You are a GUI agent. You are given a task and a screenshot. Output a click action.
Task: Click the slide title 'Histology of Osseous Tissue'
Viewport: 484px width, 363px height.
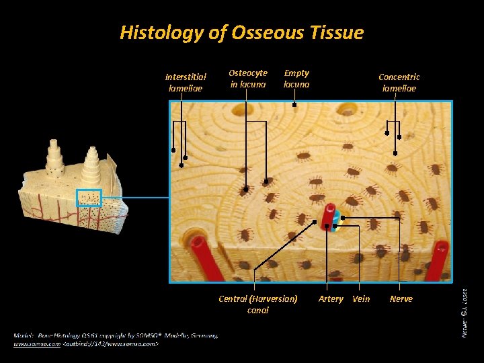click(x=241, y=32)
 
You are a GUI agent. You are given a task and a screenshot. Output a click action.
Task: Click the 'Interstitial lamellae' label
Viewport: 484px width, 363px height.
click(x=187, y=82)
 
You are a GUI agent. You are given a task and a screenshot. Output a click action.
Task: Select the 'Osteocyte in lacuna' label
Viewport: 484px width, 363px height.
click(x=248, y=78)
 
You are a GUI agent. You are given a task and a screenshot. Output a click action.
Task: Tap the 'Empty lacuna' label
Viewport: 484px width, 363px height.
click(x=296, y=78)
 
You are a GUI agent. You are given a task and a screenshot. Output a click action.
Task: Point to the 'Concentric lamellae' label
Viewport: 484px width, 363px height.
click(x=399, y=82)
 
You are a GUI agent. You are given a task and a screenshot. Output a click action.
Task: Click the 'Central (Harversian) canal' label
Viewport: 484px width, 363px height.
click(x=258, y=304)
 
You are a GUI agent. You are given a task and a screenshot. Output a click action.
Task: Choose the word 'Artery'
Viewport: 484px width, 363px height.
click(x=331, y=298)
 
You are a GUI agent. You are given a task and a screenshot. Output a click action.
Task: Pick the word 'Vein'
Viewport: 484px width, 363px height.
click(x=361, y=298)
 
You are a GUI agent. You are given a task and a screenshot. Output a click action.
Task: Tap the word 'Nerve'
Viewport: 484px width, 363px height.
click(x=401, y=298)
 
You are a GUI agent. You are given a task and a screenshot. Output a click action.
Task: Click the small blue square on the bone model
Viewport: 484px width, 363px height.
click(x=89, y=198)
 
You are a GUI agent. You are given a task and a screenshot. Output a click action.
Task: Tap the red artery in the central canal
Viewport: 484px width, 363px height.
click(x=328, y=216)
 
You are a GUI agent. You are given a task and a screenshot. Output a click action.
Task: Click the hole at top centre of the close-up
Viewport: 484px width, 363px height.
click(x=348, y=108)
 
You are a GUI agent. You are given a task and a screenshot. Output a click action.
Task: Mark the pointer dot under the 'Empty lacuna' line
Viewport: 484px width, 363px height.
click(x=294, y=105)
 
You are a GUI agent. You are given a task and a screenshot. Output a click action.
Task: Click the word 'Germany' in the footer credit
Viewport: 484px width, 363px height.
click(x=203, y=335)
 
